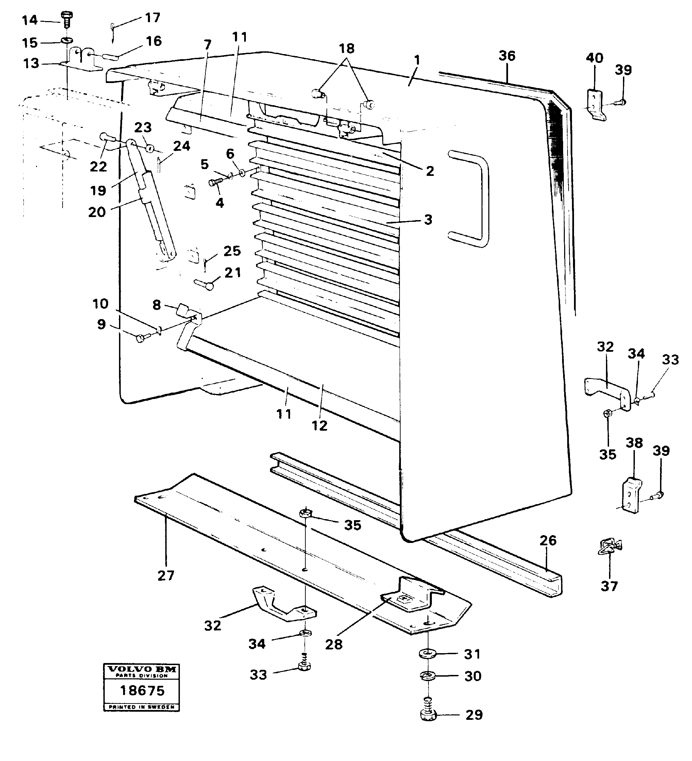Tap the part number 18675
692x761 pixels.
click(x=142, y=691)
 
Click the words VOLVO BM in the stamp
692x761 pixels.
click(x=142, y=669)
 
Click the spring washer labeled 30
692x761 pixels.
click(x=427, y=675)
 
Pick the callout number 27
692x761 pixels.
click(x=166, y=575)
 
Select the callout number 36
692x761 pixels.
click(x=506, y=56)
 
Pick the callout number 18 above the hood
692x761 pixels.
click(x=347, y=48)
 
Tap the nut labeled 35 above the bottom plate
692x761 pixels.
click(x=305, y=513)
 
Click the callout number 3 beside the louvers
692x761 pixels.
click(x=428, y=219)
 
